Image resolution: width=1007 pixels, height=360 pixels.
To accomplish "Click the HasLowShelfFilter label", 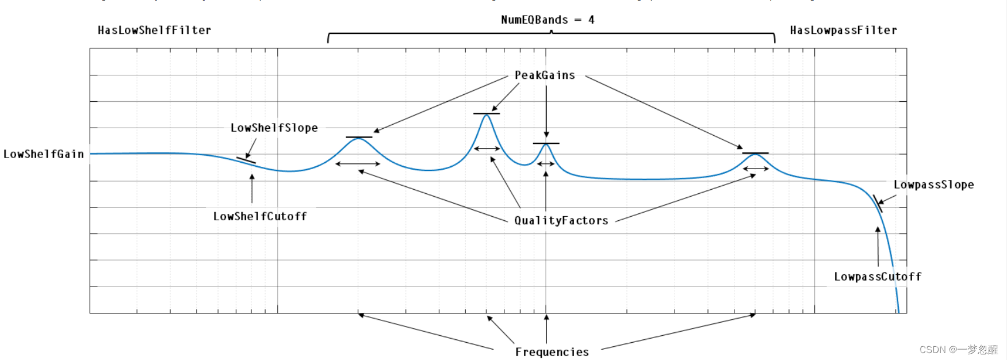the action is [154, 30].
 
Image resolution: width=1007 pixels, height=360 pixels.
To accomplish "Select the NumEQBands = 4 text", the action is [547, 20].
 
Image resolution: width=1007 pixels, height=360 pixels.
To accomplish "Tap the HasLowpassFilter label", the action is [843, 30].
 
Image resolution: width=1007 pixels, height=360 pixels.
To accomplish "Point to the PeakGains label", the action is [545, 75].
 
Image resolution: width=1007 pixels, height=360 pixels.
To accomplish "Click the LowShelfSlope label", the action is [274, 128].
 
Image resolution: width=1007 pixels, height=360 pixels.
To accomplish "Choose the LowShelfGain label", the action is [44, 154].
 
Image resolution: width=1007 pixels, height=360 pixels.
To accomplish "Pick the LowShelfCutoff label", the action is [260, 216].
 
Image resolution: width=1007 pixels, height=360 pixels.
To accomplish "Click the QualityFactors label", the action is [561, 220].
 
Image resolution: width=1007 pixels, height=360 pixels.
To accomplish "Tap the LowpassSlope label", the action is [933, 185].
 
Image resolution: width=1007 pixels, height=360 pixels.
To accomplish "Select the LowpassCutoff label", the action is [877, 277].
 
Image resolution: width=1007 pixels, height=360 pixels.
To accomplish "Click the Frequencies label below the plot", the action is [552, 352].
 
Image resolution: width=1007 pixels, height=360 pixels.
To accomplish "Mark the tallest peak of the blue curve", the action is [487, 115].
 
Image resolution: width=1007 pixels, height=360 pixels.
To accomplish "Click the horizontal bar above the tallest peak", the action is [487, 113].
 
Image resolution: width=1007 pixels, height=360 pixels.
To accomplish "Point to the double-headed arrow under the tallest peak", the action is [487, 149].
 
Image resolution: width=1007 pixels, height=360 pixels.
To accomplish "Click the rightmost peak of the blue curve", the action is [755, 155].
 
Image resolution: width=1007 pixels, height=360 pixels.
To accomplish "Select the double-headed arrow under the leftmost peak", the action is [358, 164].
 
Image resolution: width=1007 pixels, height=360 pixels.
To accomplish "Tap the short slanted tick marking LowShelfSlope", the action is [246, 160].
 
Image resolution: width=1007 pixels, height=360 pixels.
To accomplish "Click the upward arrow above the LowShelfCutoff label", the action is [252, 187].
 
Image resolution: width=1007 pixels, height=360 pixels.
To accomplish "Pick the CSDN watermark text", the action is [959, 350].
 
